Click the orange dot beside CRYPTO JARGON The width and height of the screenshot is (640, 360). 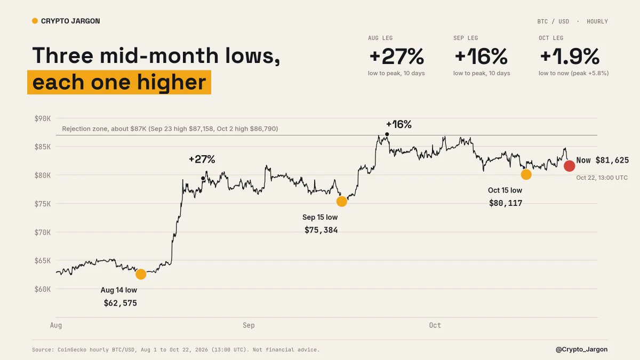pos(35,21)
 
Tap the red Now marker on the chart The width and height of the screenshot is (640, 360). pos(569,166)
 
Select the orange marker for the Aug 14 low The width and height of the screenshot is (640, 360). pos(141,274)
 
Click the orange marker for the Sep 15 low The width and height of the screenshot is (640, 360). pos(342,202)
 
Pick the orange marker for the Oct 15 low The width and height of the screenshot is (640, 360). pos(526,174)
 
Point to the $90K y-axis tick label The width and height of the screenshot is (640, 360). pos(43,118)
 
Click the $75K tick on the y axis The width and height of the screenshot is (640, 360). pos(43,204)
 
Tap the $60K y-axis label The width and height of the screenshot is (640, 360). pos(43,289)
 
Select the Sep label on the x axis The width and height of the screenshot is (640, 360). pos(249,325)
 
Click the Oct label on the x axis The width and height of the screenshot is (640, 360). pos(435,325)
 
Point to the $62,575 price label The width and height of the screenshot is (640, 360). pos(121,303)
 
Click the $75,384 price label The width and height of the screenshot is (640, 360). pos(321,230)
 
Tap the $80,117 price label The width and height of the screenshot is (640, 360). pos(506,203)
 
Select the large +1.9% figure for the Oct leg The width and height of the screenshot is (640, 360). pos(570,57)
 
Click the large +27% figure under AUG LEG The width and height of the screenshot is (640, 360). pos(397,57)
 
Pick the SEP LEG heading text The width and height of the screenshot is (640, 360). pos(466,38)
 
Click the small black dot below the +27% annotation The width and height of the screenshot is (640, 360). pos(203,178)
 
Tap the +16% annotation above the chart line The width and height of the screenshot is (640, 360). pos(398,124)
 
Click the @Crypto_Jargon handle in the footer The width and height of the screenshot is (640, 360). pos(581,349)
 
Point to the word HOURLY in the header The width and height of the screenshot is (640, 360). pos(597,21)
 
